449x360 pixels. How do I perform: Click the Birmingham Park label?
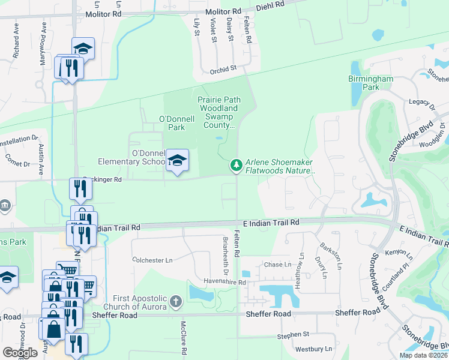point(371,83)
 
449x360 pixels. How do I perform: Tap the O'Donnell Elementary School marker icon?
point(177,161)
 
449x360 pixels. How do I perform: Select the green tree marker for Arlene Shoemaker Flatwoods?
point(237,165)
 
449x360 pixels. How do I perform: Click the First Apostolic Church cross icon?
point(175,300)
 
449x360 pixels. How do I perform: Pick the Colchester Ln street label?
point(152,260)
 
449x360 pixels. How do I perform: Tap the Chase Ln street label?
point(277,265)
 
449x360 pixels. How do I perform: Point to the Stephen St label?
point(293,334)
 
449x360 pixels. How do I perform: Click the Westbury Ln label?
point(313,349)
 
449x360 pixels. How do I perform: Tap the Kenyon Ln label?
point(396,252)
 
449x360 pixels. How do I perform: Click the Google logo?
point(20,352)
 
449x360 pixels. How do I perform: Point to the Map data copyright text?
point(423,355)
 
